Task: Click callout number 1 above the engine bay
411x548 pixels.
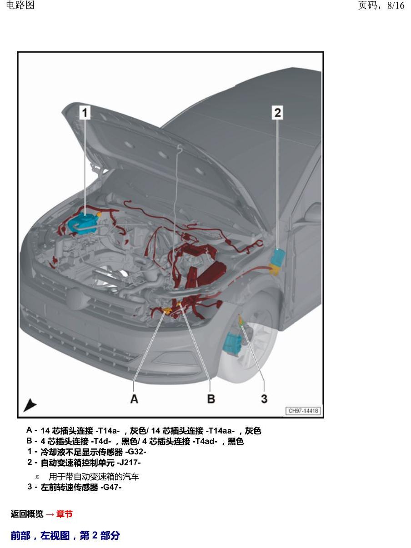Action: tap(85, 113)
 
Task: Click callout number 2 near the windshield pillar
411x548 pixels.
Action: tap(277, 113)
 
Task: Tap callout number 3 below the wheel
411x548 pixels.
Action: tap(264, 399)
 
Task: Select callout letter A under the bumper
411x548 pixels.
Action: tap(134, 399)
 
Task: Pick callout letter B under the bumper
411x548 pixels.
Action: tap(211, 399)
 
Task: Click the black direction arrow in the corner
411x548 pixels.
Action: tap(30, 405)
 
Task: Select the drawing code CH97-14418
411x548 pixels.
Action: tap(303, 411)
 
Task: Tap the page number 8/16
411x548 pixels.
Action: tap(396, 5)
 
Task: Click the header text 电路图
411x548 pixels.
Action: tap(20, 5)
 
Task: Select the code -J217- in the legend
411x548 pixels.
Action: tap(129, 463)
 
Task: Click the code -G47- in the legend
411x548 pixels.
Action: tap(111, 487)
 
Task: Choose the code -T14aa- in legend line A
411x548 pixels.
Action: tap(220, 431)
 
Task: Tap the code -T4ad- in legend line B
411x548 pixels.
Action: tap(205, 441)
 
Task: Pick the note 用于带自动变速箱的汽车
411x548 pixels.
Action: tap(94, 477)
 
